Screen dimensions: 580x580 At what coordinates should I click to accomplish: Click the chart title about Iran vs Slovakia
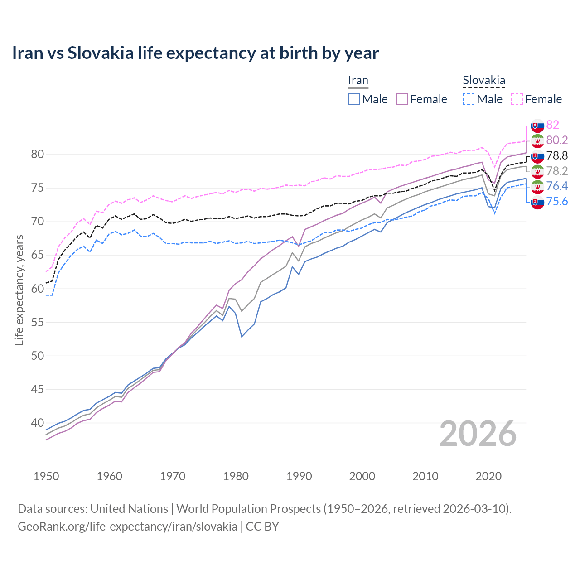tap(195, 53)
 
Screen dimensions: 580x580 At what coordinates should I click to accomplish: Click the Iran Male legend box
tap(354, 99)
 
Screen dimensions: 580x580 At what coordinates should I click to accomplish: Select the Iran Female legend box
tap(402, 99)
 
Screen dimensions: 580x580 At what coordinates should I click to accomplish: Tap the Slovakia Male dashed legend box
tap(469, 99)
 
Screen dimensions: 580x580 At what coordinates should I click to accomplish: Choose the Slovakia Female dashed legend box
tap(517, 99)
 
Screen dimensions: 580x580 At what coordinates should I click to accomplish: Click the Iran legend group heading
tap(358, 81)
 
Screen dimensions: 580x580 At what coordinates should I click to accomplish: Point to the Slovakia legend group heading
tap(483, 81)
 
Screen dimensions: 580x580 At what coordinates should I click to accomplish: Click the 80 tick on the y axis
tap(37, 155)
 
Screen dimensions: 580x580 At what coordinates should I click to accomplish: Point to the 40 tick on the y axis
tap(37, 423)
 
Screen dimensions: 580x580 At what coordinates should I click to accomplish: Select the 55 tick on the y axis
tap(37, 322)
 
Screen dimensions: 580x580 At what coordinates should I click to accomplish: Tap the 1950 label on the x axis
tap(46, 476)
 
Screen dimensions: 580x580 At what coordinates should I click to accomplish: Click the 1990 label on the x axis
tap(299, 476)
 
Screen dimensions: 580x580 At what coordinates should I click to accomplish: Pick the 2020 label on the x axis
tap(488, 476)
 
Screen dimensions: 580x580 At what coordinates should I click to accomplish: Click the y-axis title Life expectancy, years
tap(19, 290)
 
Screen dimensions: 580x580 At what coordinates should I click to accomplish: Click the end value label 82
tap(552, 125)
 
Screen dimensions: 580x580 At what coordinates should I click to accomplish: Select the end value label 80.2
tap(557, 140)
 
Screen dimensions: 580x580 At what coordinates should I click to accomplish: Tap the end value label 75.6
tap(557, 201)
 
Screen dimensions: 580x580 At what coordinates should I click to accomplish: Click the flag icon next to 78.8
tap(537, 156)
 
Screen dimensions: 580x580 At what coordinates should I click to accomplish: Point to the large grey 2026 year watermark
tap(478, 434)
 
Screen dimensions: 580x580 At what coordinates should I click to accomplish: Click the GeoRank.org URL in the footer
tap(127, 527)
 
